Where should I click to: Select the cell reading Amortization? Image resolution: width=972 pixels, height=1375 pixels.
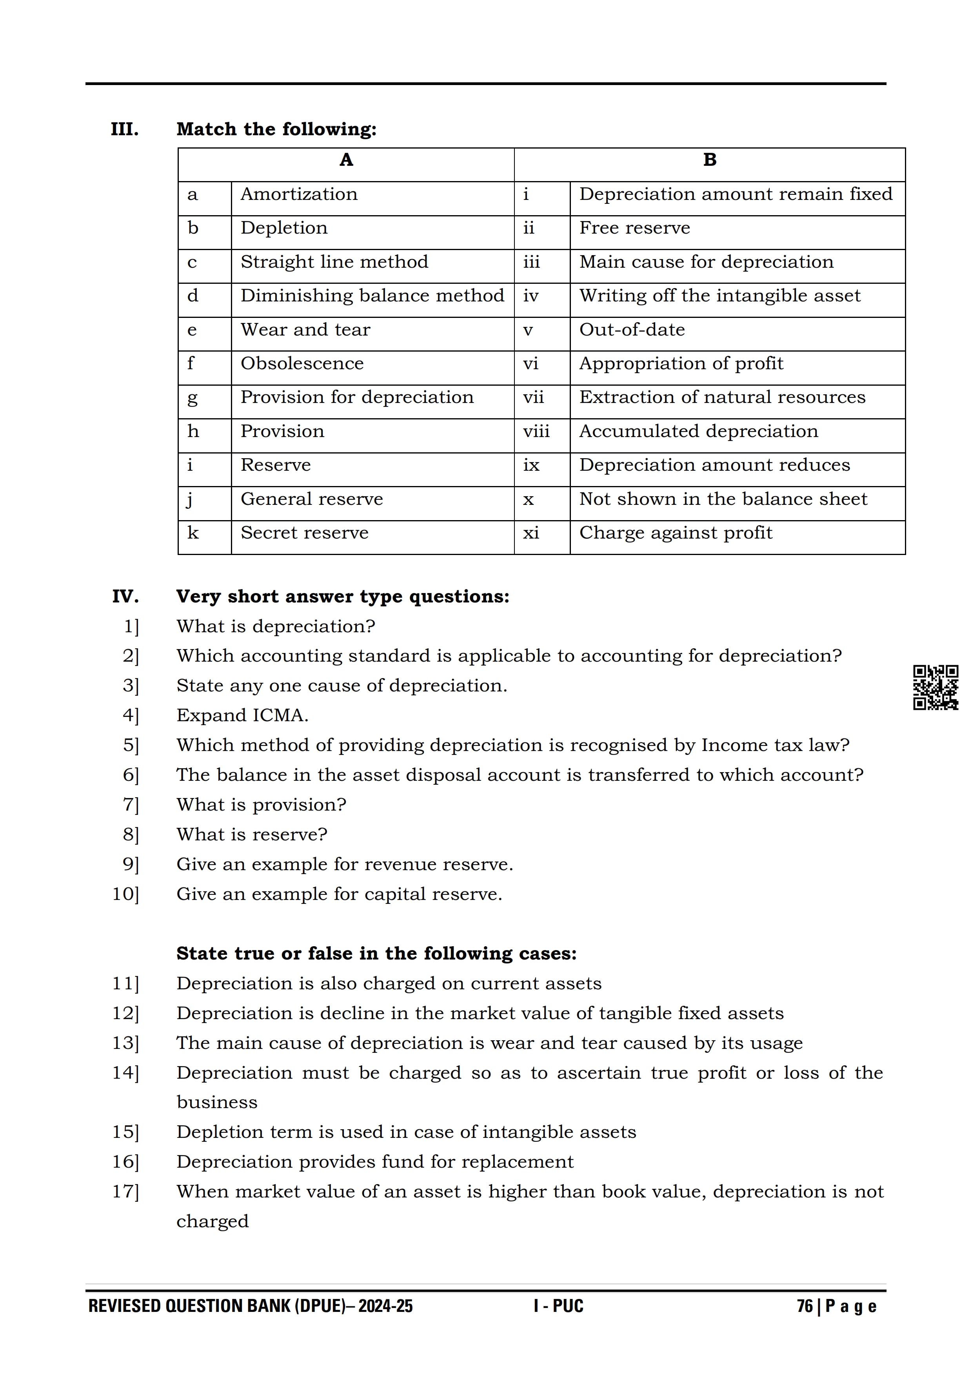[299, 195]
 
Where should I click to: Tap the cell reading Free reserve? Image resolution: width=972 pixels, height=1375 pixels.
[634, 228]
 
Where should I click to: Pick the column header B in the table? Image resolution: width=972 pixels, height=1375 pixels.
[710, 160]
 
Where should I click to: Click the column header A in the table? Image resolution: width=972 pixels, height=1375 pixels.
[346, 160]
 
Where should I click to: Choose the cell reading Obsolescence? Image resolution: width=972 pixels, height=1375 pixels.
[302, 363]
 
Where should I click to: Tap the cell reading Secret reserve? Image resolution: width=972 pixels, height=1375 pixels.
[304, 533]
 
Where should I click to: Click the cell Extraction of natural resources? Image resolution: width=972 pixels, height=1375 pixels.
[722, 398]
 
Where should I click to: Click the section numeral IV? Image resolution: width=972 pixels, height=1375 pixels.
[125, 597]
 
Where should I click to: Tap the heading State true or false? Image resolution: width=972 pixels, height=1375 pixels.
[376, 954]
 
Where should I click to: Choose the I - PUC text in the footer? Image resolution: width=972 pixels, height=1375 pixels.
[558, 1306]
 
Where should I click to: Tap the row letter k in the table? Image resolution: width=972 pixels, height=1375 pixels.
[193, 533]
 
